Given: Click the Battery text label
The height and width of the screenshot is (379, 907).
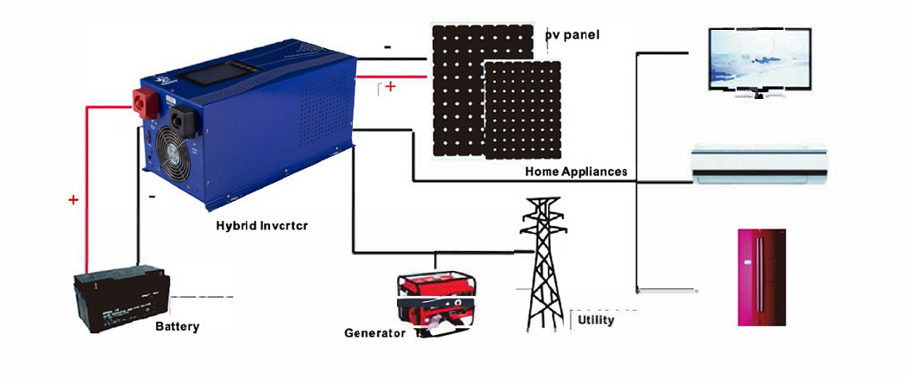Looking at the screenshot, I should [x=177, y=327].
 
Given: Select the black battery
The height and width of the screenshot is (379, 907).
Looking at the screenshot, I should [x=121, y=299].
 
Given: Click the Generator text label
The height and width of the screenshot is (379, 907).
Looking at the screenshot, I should [x=375, y=333].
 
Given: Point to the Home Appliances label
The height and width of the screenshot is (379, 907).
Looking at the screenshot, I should [x=576, y=171].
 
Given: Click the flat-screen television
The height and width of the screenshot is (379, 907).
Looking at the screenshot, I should [x=757, y=62].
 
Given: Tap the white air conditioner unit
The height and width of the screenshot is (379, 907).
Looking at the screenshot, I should [x=761, y=165].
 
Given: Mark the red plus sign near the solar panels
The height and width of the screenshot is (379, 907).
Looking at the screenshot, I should [x=391, y=86].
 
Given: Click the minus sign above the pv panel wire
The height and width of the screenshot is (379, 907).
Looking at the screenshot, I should [x=388, y=47].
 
